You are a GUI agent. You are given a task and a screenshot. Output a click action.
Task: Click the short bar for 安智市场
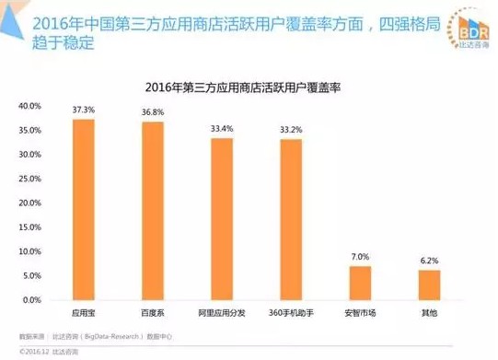(360, 283)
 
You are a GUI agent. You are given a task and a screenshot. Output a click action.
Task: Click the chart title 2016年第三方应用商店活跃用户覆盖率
(249, 87)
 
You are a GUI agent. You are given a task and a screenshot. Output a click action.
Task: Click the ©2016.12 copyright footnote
(41, 351)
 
